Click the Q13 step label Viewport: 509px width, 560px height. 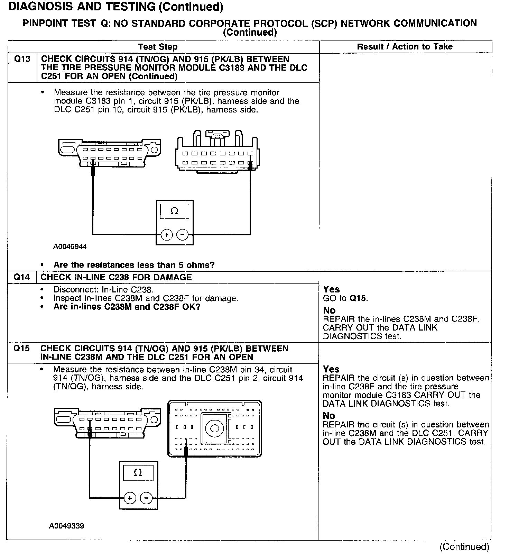click(x=22, y=59)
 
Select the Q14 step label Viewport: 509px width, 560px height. click(x=21, y=277)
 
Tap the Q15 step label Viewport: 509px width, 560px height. click(x=21, y=349)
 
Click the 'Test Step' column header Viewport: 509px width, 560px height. click(x=158, y=47)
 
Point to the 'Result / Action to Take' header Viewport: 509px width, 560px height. click(x=405, y=47)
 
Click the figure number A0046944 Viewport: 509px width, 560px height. click(x=70, y=247)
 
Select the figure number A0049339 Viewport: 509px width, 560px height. click(x=66, y=526)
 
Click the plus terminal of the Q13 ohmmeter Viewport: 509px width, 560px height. click(x=167, y=235)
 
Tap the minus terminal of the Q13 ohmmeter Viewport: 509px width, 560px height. click(x=183, y=235)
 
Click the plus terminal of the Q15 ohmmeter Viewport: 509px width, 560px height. click(x=130, y=498)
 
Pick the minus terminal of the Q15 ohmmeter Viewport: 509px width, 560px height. click(x=146, y=498)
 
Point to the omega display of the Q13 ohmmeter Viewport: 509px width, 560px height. click(x=174, y=211)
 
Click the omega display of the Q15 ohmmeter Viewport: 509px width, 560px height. click(x=138, y=473)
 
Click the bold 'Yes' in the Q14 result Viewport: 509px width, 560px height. click(x=331, y=289)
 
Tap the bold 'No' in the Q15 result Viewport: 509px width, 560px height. click(x=329, y=416)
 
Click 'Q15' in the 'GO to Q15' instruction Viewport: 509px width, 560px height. click(x=358, y=298)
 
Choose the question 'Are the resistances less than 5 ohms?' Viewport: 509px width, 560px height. click(x=134, y=265)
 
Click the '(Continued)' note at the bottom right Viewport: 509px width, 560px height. click(x=464, y=547)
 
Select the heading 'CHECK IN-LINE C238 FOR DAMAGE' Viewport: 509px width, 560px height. click(x=116, y=277)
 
